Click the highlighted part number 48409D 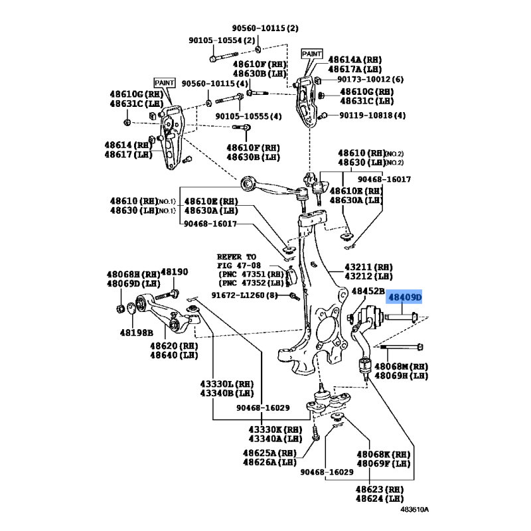click(x=405, y=297)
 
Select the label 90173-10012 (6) click(x=370, y=79)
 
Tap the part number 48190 click(x=174, y=272)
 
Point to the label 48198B click(x=137, y=333)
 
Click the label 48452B click(x=368, y=291)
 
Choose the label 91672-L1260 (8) click(x=244, y=295)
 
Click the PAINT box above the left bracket click(x=165, y=83)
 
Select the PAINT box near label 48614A click(x=312, y=54)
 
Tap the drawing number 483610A click(x=414, y=509)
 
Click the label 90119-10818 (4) click(x=372, y=115)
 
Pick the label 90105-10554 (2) click(x=222, y=40)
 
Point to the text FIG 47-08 click(x=239, y=265)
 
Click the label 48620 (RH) click(x=174, y=346)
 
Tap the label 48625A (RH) click(x=269, y=453)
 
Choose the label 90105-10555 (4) click(x=248, y=116)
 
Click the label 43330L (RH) click(x=227, y=384)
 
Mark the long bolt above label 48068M click(x=399, y=347)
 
